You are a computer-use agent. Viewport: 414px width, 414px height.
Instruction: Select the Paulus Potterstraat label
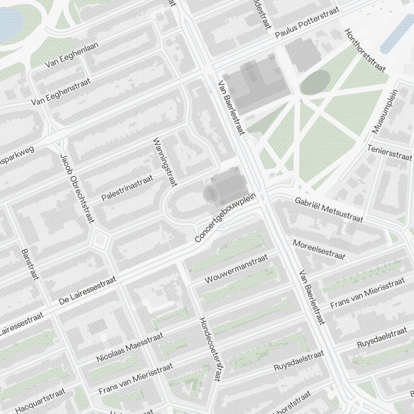(x=307, y=23)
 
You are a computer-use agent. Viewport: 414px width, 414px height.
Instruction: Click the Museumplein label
(x=385, y=111)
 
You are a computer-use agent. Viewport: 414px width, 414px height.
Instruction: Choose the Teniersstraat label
(x=390, y=152)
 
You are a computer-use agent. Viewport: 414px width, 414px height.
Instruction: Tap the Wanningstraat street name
(x=165, y=162)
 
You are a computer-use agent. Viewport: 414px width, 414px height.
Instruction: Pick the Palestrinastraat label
(x=128, y=188)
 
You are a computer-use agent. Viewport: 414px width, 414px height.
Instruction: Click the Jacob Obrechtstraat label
(x=77, y=189)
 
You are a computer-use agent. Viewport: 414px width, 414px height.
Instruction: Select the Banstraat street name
(x=30, y=264)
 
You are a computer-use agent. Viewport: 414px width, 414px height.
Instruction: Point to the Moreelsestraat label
(x=319, y=250)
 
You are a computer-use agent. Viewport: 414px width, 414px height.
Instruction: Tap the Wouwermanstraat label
(x=236, y=269)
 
